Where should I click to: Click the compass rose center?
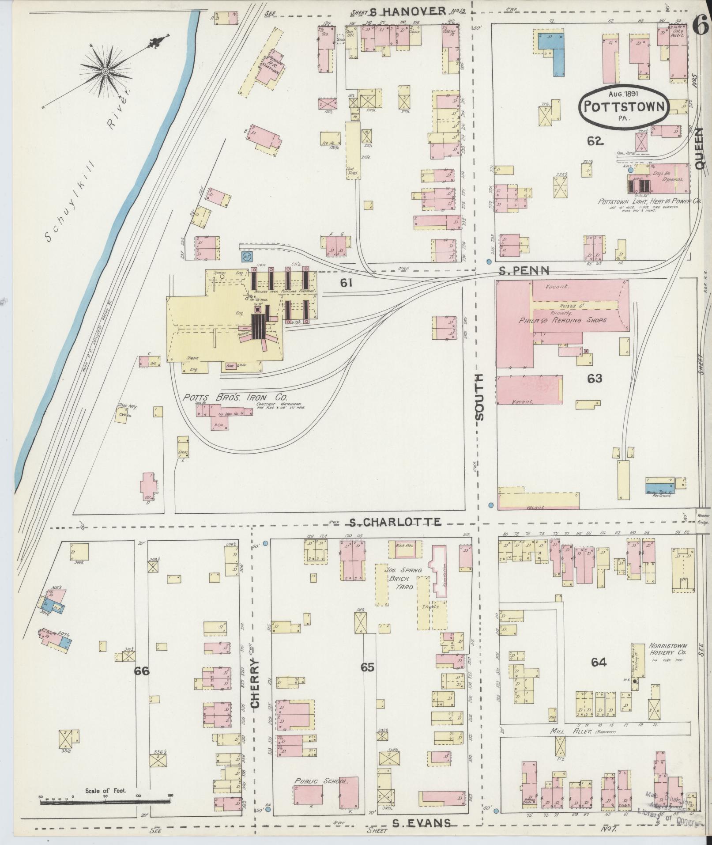(105, 70)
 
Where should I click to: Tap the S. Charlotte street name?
(395, 522)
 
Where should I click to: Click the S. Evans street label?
(422, 822)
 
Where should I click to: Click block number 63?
(595, 379)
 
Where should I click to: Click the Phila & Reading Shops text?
(562, 320)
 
